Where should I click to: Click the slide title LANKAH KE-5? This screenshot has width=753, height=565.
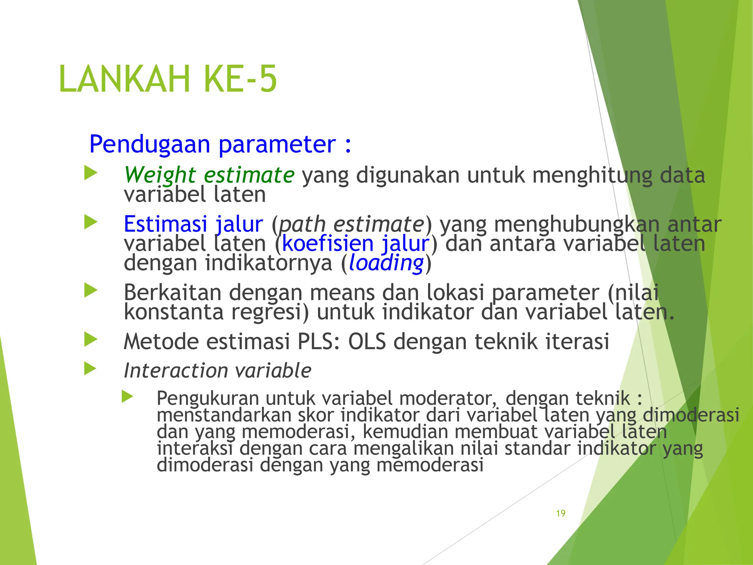[168, 79]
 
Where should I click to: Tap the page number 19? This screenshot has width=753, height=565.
[560, 513]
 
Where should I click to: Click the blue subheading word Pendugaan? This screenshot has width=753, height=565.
[149, 144]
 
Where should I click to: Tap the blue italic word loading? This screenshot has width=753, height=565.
[386, 263]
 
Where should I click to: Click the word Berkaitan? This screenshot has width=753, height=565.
[172, 293]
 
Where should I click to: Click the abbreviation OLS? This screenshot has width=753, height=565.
[367, 341]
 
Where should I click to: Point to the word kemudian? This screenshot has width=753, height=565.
[405, 432]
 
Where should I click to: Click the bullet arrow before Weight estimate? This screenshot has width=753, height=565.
[90, 173]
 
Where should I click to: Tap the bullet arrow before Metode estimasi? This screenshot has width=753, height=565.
[90, 339]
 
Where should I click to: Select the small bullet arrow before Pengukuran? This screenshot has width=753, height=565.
[127, 397]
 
